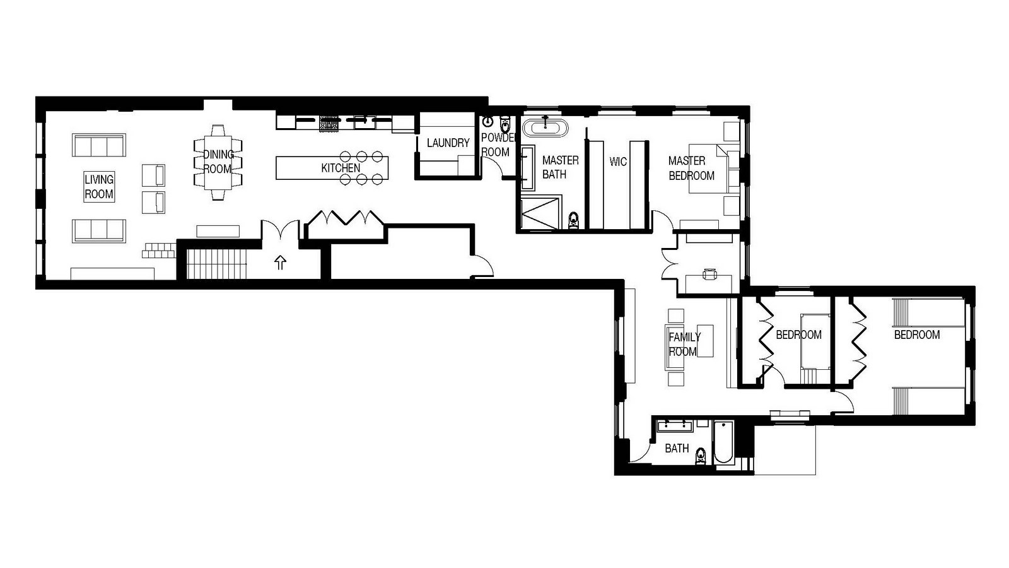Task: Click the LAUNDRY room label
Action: pos(448,143)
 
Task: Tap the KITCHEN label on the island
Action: pos(341,168)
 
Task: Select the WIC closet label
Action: pos(618,162)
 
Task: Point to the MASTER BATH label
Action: pos(561,167)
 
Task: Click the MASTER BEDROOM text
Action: pos(691,168)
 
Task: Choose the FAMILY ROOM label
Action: pos(684,345)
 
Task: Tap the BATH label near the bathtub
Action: pos(677,449)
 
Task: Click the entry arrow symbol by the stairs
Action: pos(280,263)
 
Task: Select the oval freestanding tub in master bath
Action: pos(545,127)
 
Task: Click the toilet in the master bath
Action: pos(573,220)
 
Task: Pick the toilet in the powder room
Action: pos(505,124)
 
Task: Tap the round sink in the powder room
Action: pos(488,122)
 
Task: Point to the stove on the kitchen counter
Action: pos(329,123)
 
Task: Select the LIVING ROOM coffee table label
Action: pos(99,187)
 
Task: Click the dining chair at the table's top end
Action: pos(218,130)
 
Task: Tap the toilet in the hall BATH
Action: pos(701,456)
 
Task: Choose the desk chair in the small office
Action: pos(710,274)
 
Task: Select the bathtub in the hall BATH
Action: pos(723,442)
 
